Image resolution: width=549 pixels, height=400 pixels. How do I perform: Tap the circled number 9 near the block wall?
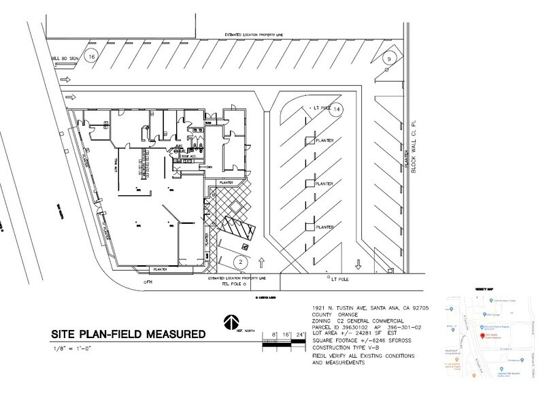388,60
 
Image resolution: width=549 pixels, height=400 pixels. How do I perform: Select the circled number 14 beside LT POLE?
337,109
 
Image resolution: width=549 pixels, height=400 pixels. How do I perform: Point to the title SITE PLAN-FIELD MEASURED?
127,335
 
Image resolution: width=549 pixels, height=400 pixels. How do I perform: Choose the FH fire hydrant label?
141,280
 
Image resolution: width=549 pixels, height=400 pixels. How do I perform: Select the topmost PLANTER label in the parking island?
323,141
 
